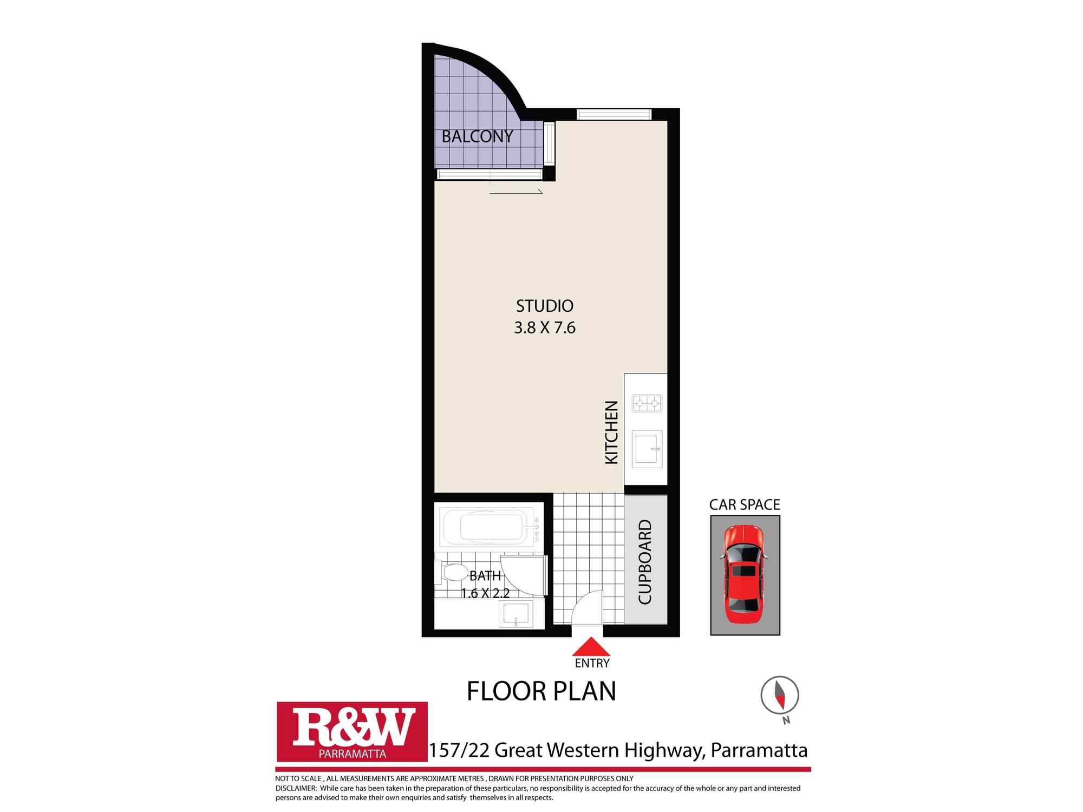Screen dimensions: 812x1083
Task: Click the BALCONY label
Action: [477, 136]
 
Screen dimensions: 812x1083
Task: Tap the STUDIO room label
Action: [544, 306]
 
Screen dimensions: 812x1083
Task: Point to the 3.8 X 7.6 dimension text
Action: [544, 328]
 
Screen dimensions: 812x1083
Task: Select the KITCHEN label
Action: [611, 432]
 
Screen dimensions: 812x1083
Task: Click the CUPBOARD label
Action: [645, 562]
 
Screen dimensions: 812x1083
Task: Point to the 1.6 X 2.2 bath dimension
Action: [485, 593]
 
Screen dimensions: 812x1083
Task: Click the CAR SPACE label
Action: [745, 505]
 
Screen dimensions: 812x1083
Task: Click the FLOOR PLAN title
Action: [541, 691]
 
